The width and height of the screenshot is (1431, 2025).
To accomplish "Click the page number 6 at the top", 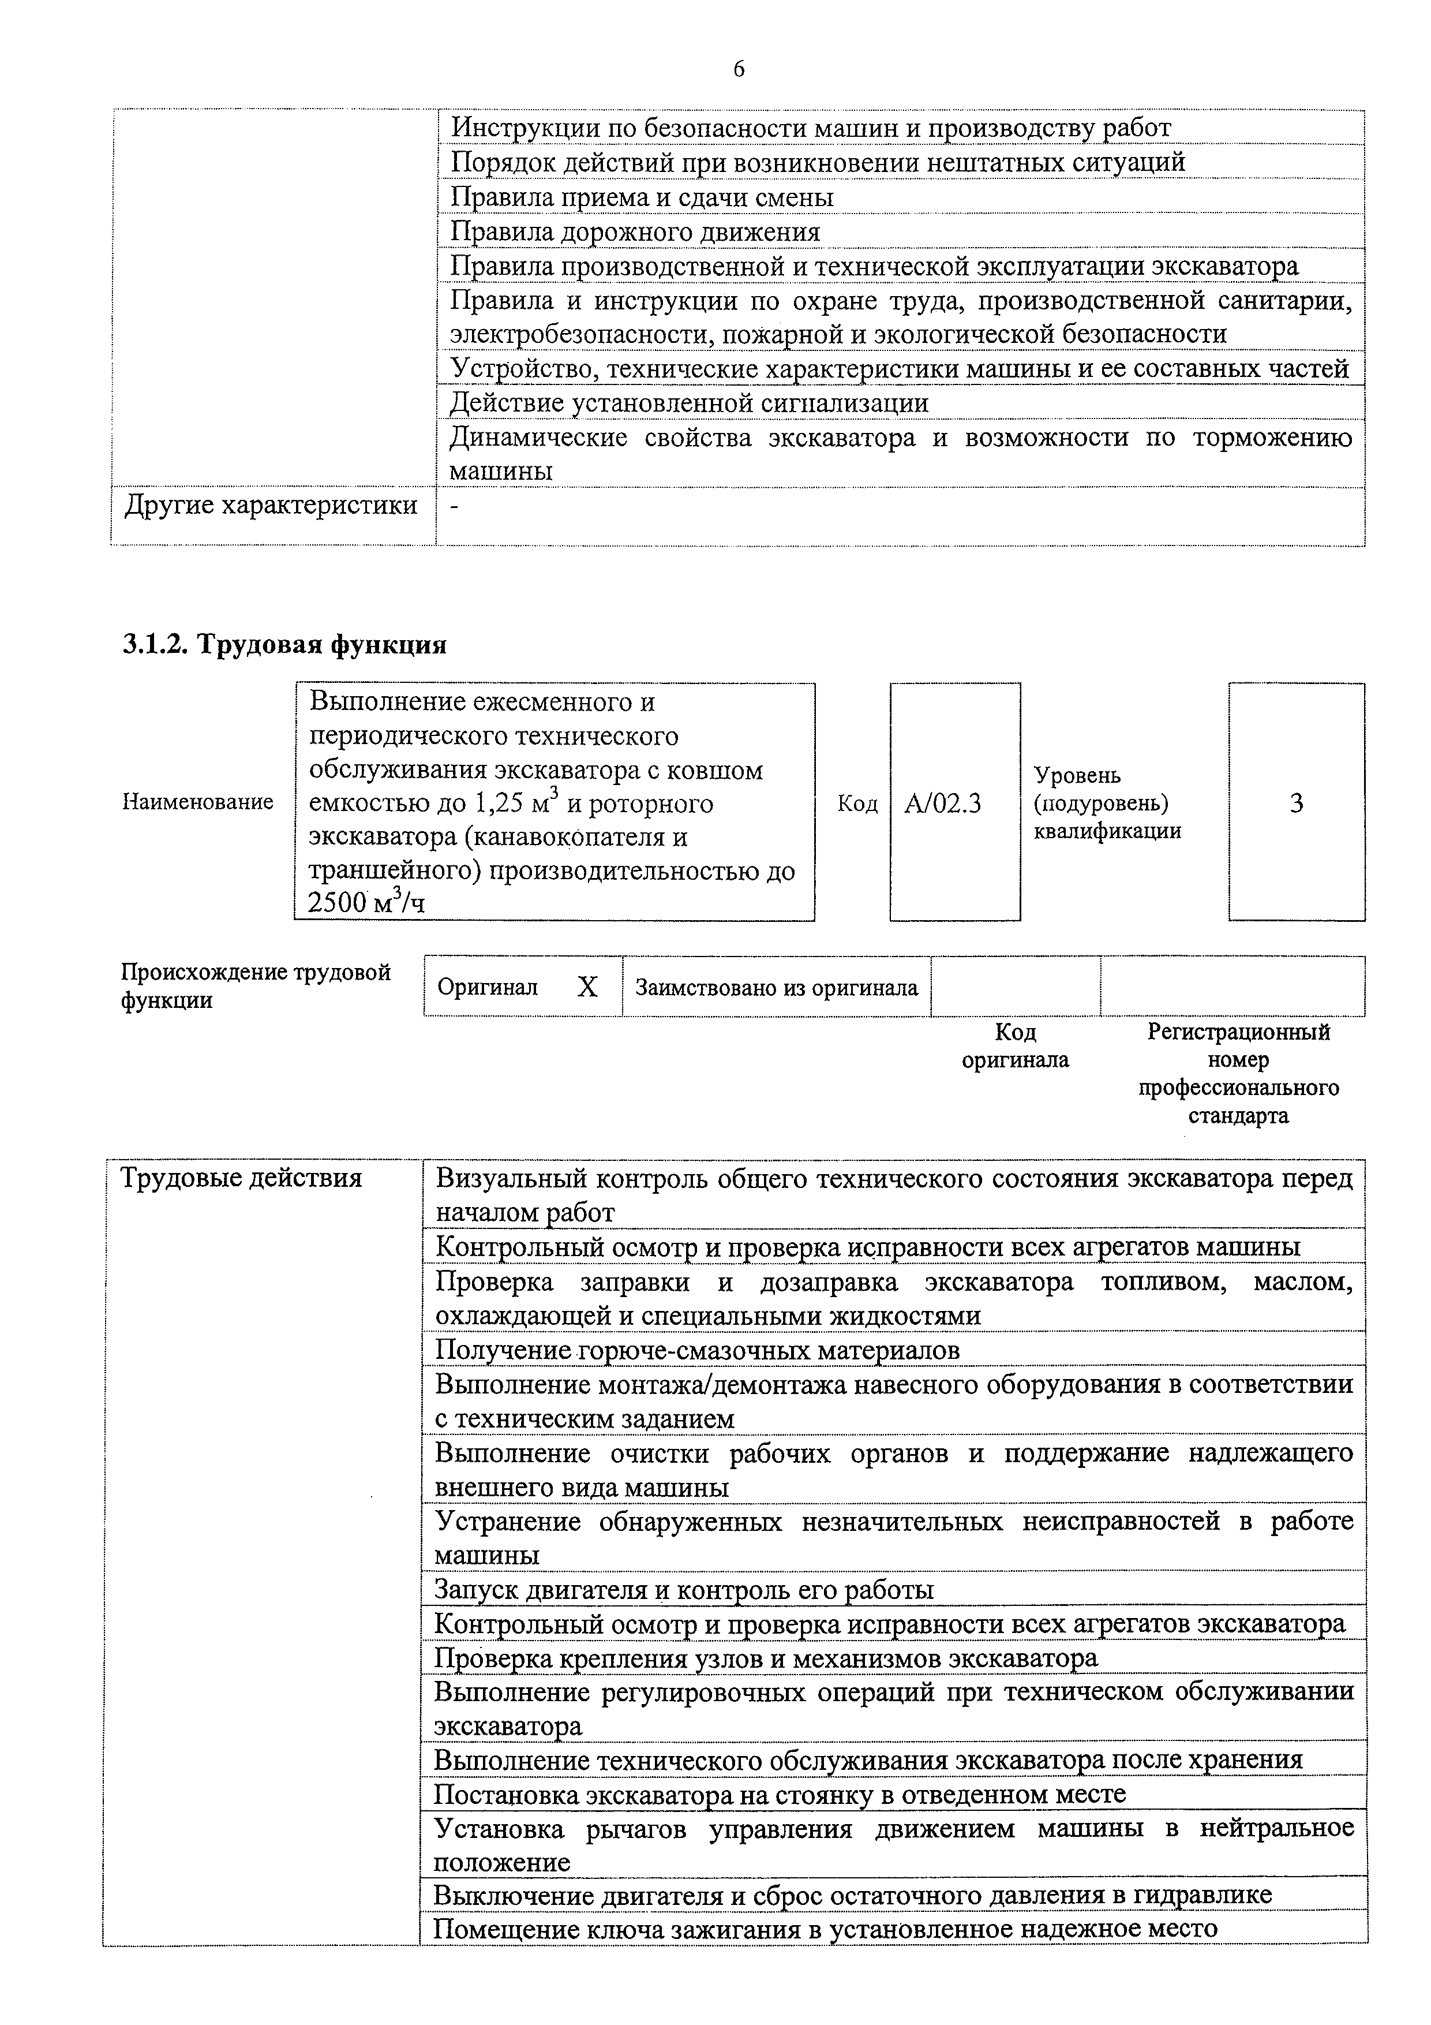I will click(738, 69).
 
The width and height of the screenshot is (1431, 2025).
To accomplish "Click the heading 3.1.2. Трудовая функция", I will click(284, 645).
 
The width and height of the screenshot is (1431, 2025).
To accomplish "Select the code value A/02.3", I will click(942, 804).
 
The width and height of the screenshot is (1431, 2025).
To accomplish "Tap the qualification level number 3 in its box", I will click(1295, 804).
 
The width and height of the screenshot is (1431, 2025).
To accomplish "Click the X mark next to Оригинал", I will click(587, 987).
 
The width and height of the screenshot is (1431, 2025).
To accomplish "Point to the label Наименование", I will click(197, 802).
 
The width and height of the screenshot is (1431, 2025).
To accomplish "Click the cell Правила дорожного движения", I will click(635, 232).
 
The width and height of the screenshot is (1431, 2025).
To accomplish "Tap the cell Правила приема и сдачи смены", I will click(642, 197).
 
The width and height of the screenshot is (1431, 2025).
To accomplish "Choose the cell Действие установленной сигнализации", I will click(688, 403).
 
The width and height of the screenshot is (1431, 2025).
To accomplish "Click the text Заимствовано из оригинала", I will click(776, 988).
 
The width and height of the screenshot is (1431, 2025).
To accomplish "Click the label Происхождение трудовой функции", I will click(255, 986).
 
